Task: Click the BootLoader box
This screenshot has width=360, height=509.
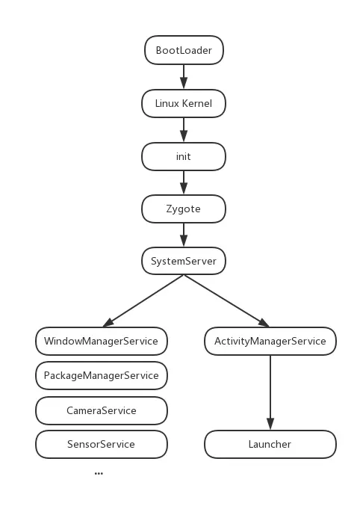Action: click(x=184, y=51)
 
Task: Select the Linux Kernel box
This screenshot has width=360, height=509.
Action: click(x=184, y=103)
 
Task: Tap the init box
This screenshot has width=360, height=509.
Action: click(x=184, y=156)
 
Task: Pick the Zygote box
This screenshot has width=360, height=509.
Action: click(x=184, y=209)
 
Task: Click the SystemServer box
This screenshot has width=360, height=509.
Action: click(x=184, y=261)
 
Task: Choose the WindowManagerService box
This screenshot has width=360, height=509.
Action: click(x=101, y=341)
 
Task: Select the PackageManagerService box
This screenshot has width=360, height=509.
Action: click(x=101, y=375)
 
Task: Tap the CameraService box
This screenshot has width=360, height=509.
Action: click(x=101, y=410)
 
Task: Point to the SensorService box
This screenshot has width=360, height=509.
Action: click(x=101, y=444)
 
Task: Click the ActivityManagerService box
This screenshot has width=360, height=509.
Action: click(x=270, y=341)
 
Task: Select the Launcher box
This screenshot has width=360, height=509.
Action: click(x=270, y=444)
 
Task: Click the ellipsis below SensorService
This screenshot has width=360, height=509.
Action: click(x=99, y=474)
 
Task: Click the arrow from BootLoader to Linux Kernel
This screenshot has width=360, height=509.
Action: click(x=184, y=77)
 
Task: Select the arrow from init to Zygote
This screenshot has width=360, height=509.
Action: click(x=184, y=182)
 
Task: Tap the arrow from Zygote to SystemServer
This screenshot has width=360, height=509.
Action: click(x=184, y=235)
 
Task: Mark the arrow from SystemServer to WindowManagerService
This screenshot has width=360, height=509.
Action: click(x=143, y=300)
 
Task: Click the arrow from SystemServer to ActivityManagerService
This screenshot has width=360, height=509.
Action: click(x=226, y=300)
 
